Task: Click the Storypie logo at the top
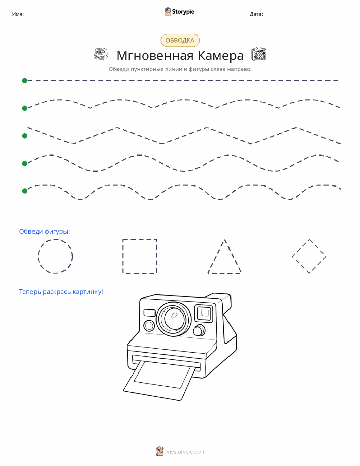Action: [179, 12]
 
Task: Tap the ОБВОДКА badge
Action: [180, 41]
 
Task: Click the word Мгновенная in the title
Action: [155, 55]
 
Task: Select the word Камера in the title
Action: [220, 55]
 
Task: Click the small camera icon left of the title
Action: [101, 54]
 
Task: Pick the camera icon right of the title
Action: [259, 54]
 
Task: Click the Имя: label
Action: [18, 14]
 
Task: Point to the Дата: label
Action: [256, 14]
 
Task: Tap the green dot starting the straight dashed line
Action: [25, 80]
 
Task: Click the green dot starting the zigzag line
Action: [25, 136]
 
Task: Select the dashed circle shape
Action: [55, 240]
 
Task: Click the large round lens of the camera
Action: [174, 318]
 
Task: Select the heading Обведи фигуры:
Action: [44, 232]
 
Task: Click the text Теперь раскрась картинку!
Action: [61, 292]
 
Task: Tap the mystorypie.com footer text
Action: [185, 452]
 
